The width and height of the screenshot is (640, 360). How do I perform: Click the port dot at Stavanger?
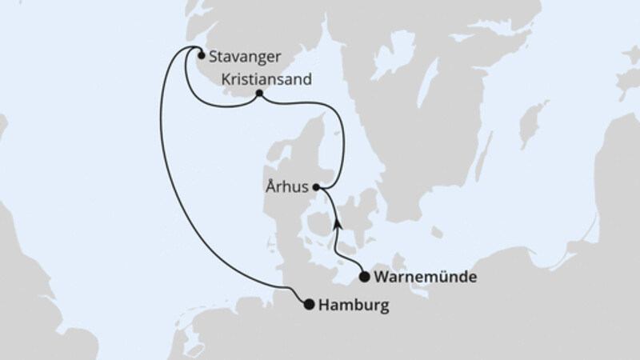coord(200,56)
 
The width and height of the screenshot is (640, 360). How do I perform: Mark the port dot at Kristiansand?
coord(259,94)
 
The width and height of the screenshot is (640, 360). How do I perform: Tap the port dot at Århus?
coord(317,187)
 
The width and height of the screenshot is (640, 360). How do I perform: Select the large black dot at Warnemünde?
coord(364,278)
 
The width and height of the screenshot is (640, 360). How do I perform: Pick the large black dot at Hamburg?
coord(308,303)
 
